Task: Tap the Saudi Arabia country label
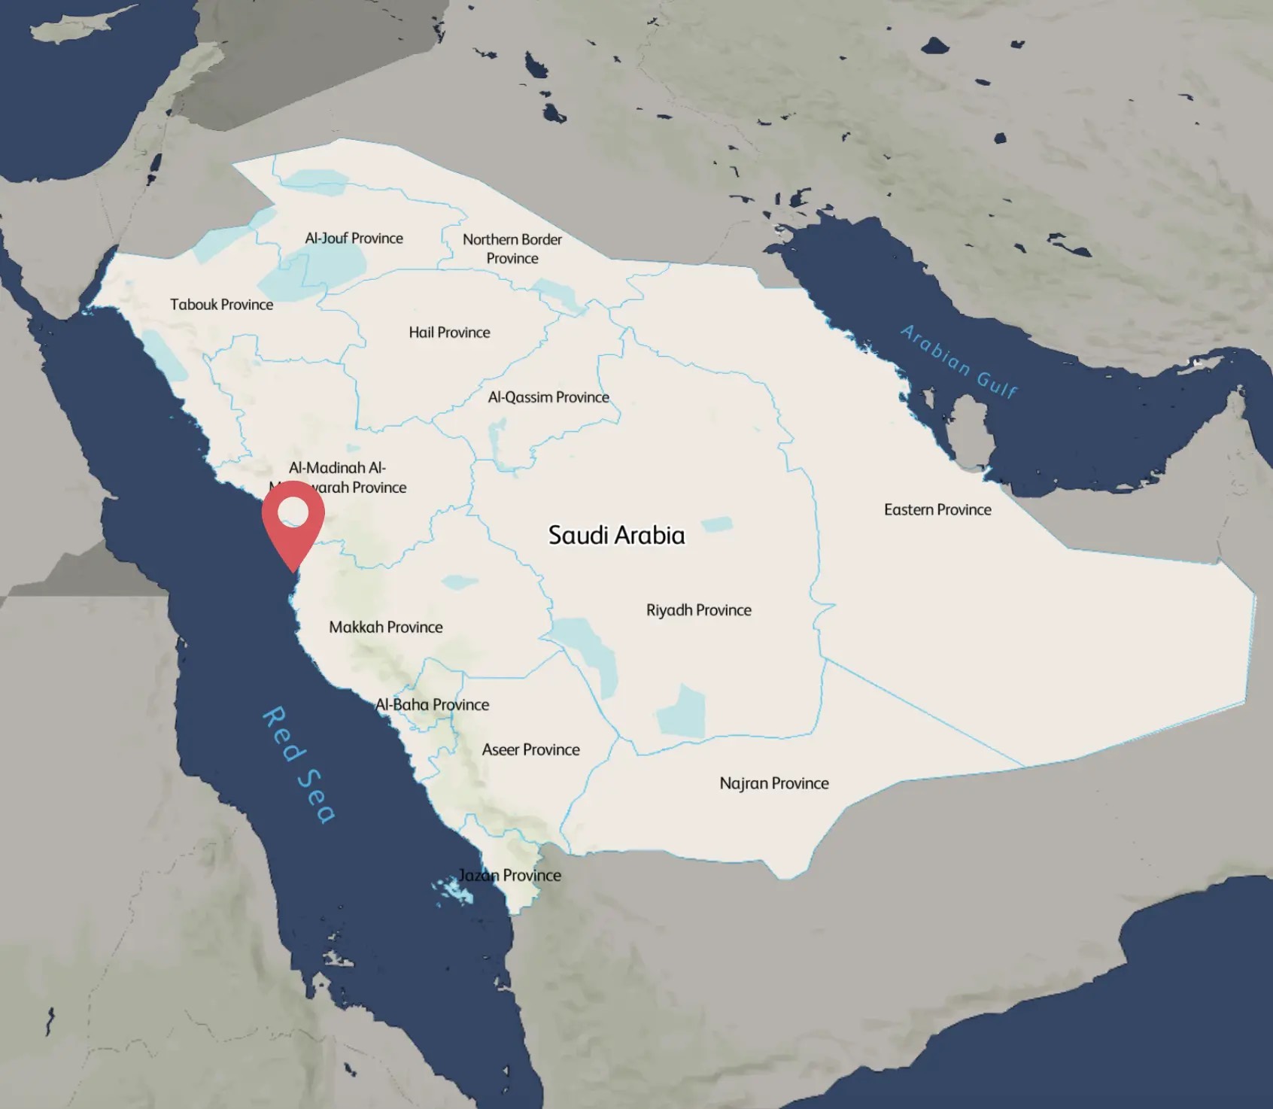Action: pyautogui.click(x=616, y=536)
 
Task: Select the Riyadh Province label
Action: pyautogui.click(x=698, y=610)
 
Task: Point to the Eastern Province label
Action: pyautogui.click(x=937, y=510)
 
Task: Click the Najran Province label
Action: pyautogui.click(x=773, y=783)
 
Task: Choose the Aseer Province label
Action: pyautogui.click(x=530, y=750)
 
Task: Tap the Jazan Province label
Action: pyautogui.click(x=510, y=875)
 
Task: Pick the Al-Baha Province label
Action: pyautogui.click(x=433, y=705)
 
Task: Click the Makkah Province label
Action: pyautogui.click(x=385, y=627)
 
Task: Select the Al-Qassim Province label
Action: pyautogui.click(x=548, y=397)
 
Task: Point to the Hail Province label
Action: pyautogui.click(x=449, y=333)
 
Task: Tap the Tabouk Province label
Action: pyautogui.click(x=221, y=305)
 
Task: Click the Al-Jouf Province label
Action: pyautogui.click(x=354, y=239)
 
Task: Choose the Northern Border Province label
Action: pyautogui.click(x=512, y=248)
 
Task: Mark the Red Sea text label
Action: pyautogui.click(x=298, y=764)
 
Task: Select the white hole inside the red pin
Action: pyautogui.click(x=293, y=512)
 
